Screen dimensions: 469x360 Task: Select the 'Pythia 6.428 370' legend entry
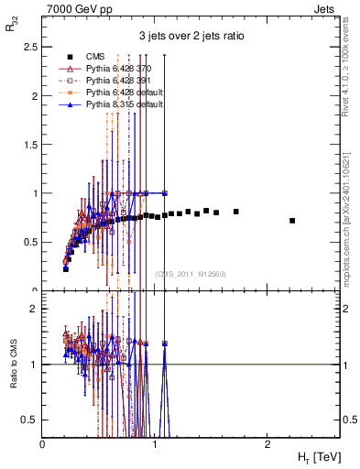point(125,68)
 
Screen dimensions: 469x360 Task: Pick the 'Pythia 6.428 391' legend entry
point(125,80)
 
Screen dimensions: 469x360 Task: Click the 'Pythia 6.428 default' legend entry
point(131,93)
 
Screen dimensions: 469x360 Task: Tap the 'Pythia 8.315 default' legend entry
point(131,104)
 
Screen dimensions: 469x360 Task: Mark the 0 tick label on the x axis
point(43,443)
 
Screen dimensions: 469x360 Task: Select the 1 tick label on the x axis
point(155,443)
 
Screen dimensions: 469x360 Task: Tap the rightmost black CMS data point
point(292,221)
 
